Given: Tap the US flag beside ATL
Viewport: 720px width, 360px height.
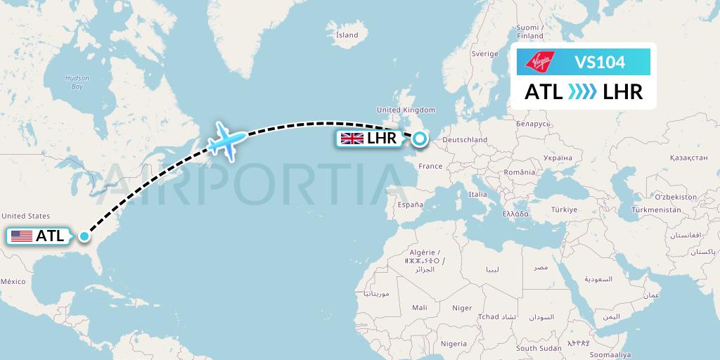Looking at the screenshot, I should click(22, 236).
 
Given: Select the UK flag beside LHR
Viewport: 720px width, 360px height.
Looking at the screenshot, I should click(352, 139).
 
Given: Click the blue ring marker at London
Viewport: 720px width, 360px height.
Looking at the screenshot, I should click(420, 139).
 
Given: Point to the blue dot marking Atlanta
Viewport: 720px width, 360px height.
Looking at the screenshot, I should click(84, 236).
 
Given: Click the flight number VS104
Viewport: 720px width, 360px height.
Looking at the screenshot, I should click(600, 63).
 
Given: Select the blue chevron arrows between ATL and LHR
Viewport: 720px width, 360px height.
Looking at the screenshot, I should click(581, 92).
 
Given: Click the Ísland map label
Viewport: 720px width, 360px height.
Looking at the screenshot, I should click(347, 34).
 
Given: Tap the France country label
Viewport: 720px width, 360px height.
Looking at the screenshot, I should click(430, 167).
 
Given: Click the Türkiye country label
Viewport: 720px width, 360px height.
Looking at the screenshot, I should click(564, 210).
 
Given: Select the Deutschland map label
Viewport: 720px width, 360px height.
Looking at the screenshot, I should click(465, 140).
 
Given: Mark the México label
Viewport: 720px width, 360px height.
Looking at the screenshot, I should click(13, 281).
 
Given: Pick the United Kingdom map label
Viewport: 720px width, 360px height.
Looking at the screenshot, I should click(406, 110).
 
